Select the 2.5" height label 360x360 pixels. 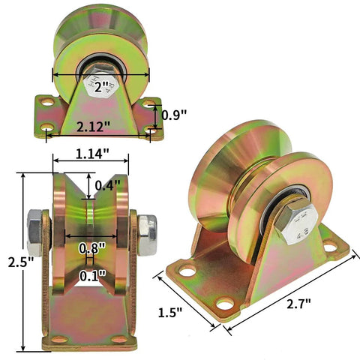click(12, 263)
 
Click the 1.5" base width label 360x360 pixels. click(172, 310)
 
